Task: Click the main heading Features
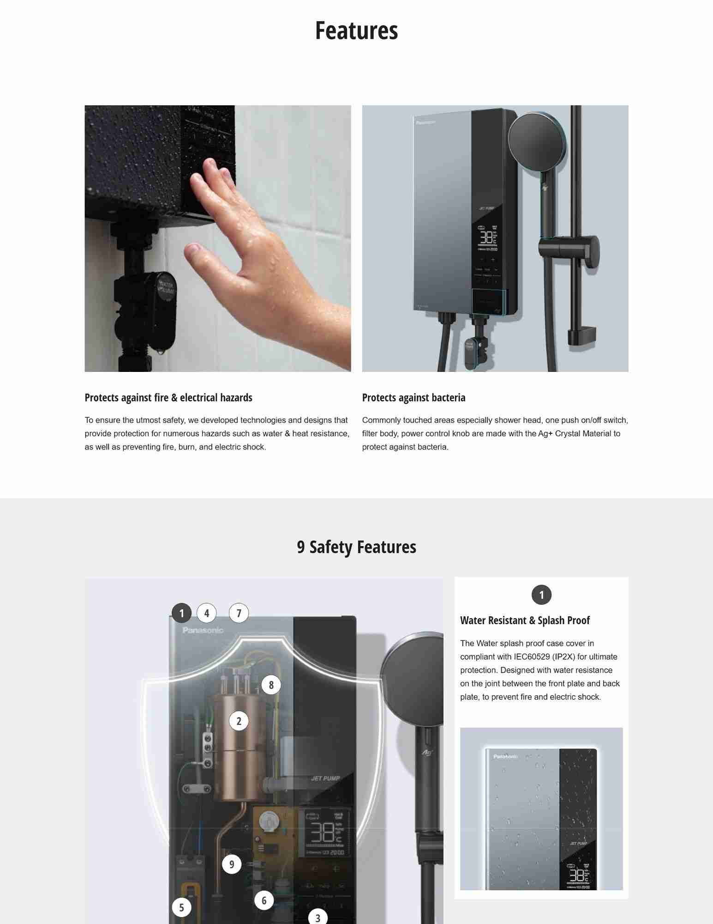point(356,30)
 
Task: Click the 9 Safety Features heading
point(356,547)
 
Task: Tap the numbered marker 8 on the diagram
point(271,685)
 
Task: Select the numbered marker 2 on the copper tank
point(239,721)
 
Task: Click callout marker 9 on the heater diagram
point(232,864)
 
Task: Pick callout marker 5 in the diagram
point(181,907)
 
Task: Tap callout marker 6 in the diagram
point(264,900)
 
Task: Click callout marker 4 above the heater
point(206,613)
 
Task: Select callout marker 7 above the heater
point(239,613)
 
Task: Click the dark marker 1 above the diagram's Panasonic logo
point(181,613)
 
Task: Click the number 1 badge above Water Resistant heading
point(541,595)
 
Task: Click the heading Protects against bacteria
point(413,398)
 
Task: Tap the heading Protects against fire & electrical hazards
point(168,398)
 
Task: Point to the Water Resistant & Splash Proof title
point(525,620)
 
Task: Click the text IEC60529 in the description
point(531,657)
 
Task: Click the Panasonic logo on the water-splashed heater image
point(505,756)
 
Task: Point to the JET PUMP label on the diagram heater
point(325,778)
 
